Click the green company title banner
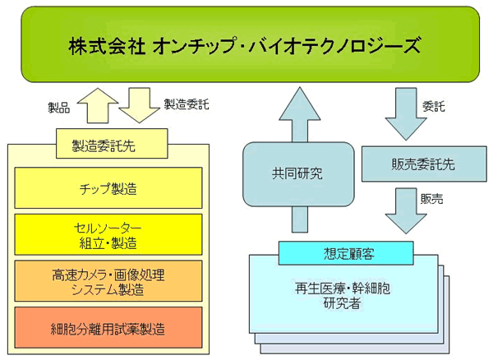tap(251, 44)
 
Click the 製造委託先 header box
tap(112, 143)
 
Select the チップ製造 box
tap(108, 187)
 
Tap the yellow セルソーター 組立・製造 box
tap(108, 234)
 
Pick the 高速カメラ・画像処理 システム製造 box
tap(108, 281)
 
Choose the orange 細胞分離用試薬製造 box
tap(108, 327)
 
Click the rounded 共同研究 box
tap(298, 174)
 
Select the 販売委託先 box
tap(424, 164)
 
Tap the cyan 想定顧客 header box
tap(346, 253)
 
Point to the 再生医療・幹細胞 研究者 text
tap(343, 296)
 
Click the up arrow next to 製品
tap(98, 106)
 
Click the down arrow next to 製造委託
tap(140, 106)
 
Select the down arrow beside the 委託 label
tap(406, 113)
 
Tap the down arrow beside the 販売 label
tap(406, 210)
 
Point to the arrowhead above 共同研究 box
tap(300, 104)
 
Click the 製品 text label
tap(59, 108)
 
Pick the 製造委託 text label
tap(187, 104)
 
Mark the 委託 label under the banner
tap(434, 107)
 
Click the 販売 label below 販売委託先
tap(431, 199)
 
